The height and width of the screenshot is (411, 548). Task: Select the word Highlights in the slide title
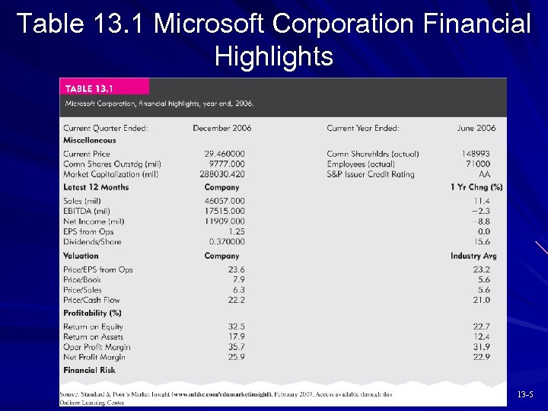273,56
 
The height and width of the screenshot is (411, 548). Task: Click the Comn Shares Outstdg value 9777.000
228,164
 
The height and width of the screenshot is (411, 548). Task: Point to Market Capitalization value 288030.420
222,174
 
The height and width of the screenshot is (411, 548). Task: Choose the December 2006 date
221,128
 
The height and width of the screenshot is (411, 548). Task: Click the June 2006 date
476,128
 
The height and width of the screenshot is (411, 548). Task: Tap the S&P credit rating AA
484,174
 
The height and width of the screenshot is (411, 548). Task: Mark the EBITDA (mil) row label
87,211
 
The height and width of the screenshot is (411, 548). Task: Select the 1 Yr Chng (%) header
476,187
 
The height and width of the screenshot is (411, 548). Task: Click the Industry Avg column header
473,256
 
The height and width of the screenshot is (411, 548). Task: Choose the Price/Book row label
82,279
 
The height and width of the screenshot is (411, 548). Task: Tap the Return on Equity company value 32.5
236,327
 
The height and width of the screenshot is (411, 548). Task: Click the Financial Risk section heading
90,370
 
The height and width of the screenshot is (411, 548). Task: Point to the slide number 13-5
526,394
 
